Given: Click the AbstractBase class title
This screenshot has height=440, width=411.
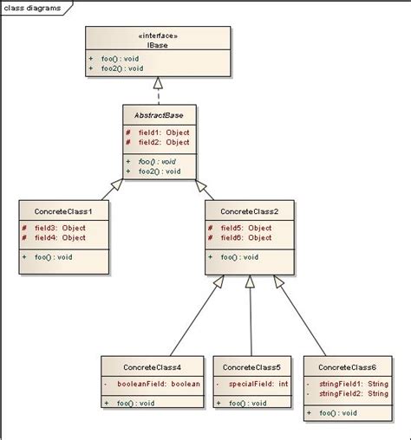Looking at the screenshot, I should tap(158, 114).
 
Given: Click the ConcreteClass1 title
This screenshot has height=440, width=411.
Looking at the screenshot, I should tap(63, 210).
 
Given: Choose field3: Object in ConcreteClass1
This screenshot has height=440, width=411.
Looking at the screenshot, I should tap(59, 228).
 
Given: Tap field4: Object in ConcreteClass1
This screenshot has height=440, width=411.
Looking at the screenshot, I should tap(59, 237).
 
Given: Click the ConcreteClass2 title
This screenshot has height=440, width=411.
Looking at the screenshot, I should tap(250, 210).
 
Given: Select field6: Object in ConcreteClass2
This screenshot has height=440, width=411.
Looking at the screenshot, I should tap(245, 237).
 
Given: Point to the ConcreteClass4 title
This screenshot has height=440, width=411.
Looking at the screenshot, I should tap(152, 367).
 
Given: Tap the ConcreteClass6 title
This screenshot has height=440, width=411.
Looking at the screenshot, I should tap(347, 367).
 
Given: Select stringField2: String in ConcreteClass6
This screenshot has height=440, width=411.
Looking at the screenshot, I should tap(353, 394).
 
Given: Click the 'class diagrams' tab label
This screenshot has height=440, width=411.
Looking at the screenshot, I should tap(32, 6).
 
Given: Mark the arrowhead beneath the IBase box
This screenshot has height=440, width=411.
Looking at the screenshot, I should tap(158, 84).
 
